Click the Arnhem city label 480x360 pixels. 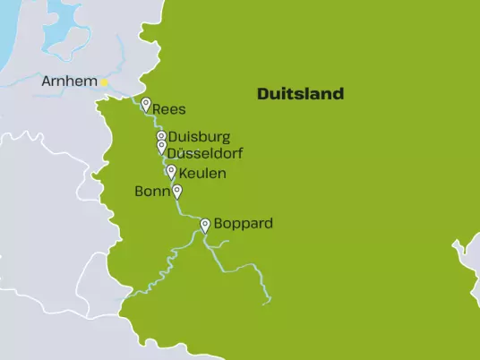(x=70, y=82)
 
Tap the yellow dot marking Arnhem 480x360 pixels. (x=104, y=82)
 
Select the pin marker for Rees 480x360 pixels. (x=145, y=104)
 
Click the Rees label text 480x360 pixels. (x=169, y=109)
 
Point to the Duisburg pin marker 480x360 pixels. (x=161, y=136)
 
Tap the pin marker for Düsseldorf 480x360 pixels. (x=161, y=147)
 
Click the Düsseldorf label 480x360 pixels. (x=204, y=154)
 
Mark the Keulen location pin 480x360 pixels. (x=171, y=170)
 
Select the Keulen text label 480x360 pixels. (x=202, y=173)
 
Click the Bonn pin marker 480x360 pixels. (x=177, y=190)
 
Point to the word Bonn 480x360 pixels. (x=151, y=192)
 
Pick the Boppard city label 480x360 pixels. (x=244, y=224)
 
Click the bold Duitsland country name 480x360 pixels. (x=300, y=94)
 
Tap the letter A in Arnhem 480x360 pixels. (x=47, y=82)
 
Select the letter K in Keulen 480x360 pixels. (x=184, y=173)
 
